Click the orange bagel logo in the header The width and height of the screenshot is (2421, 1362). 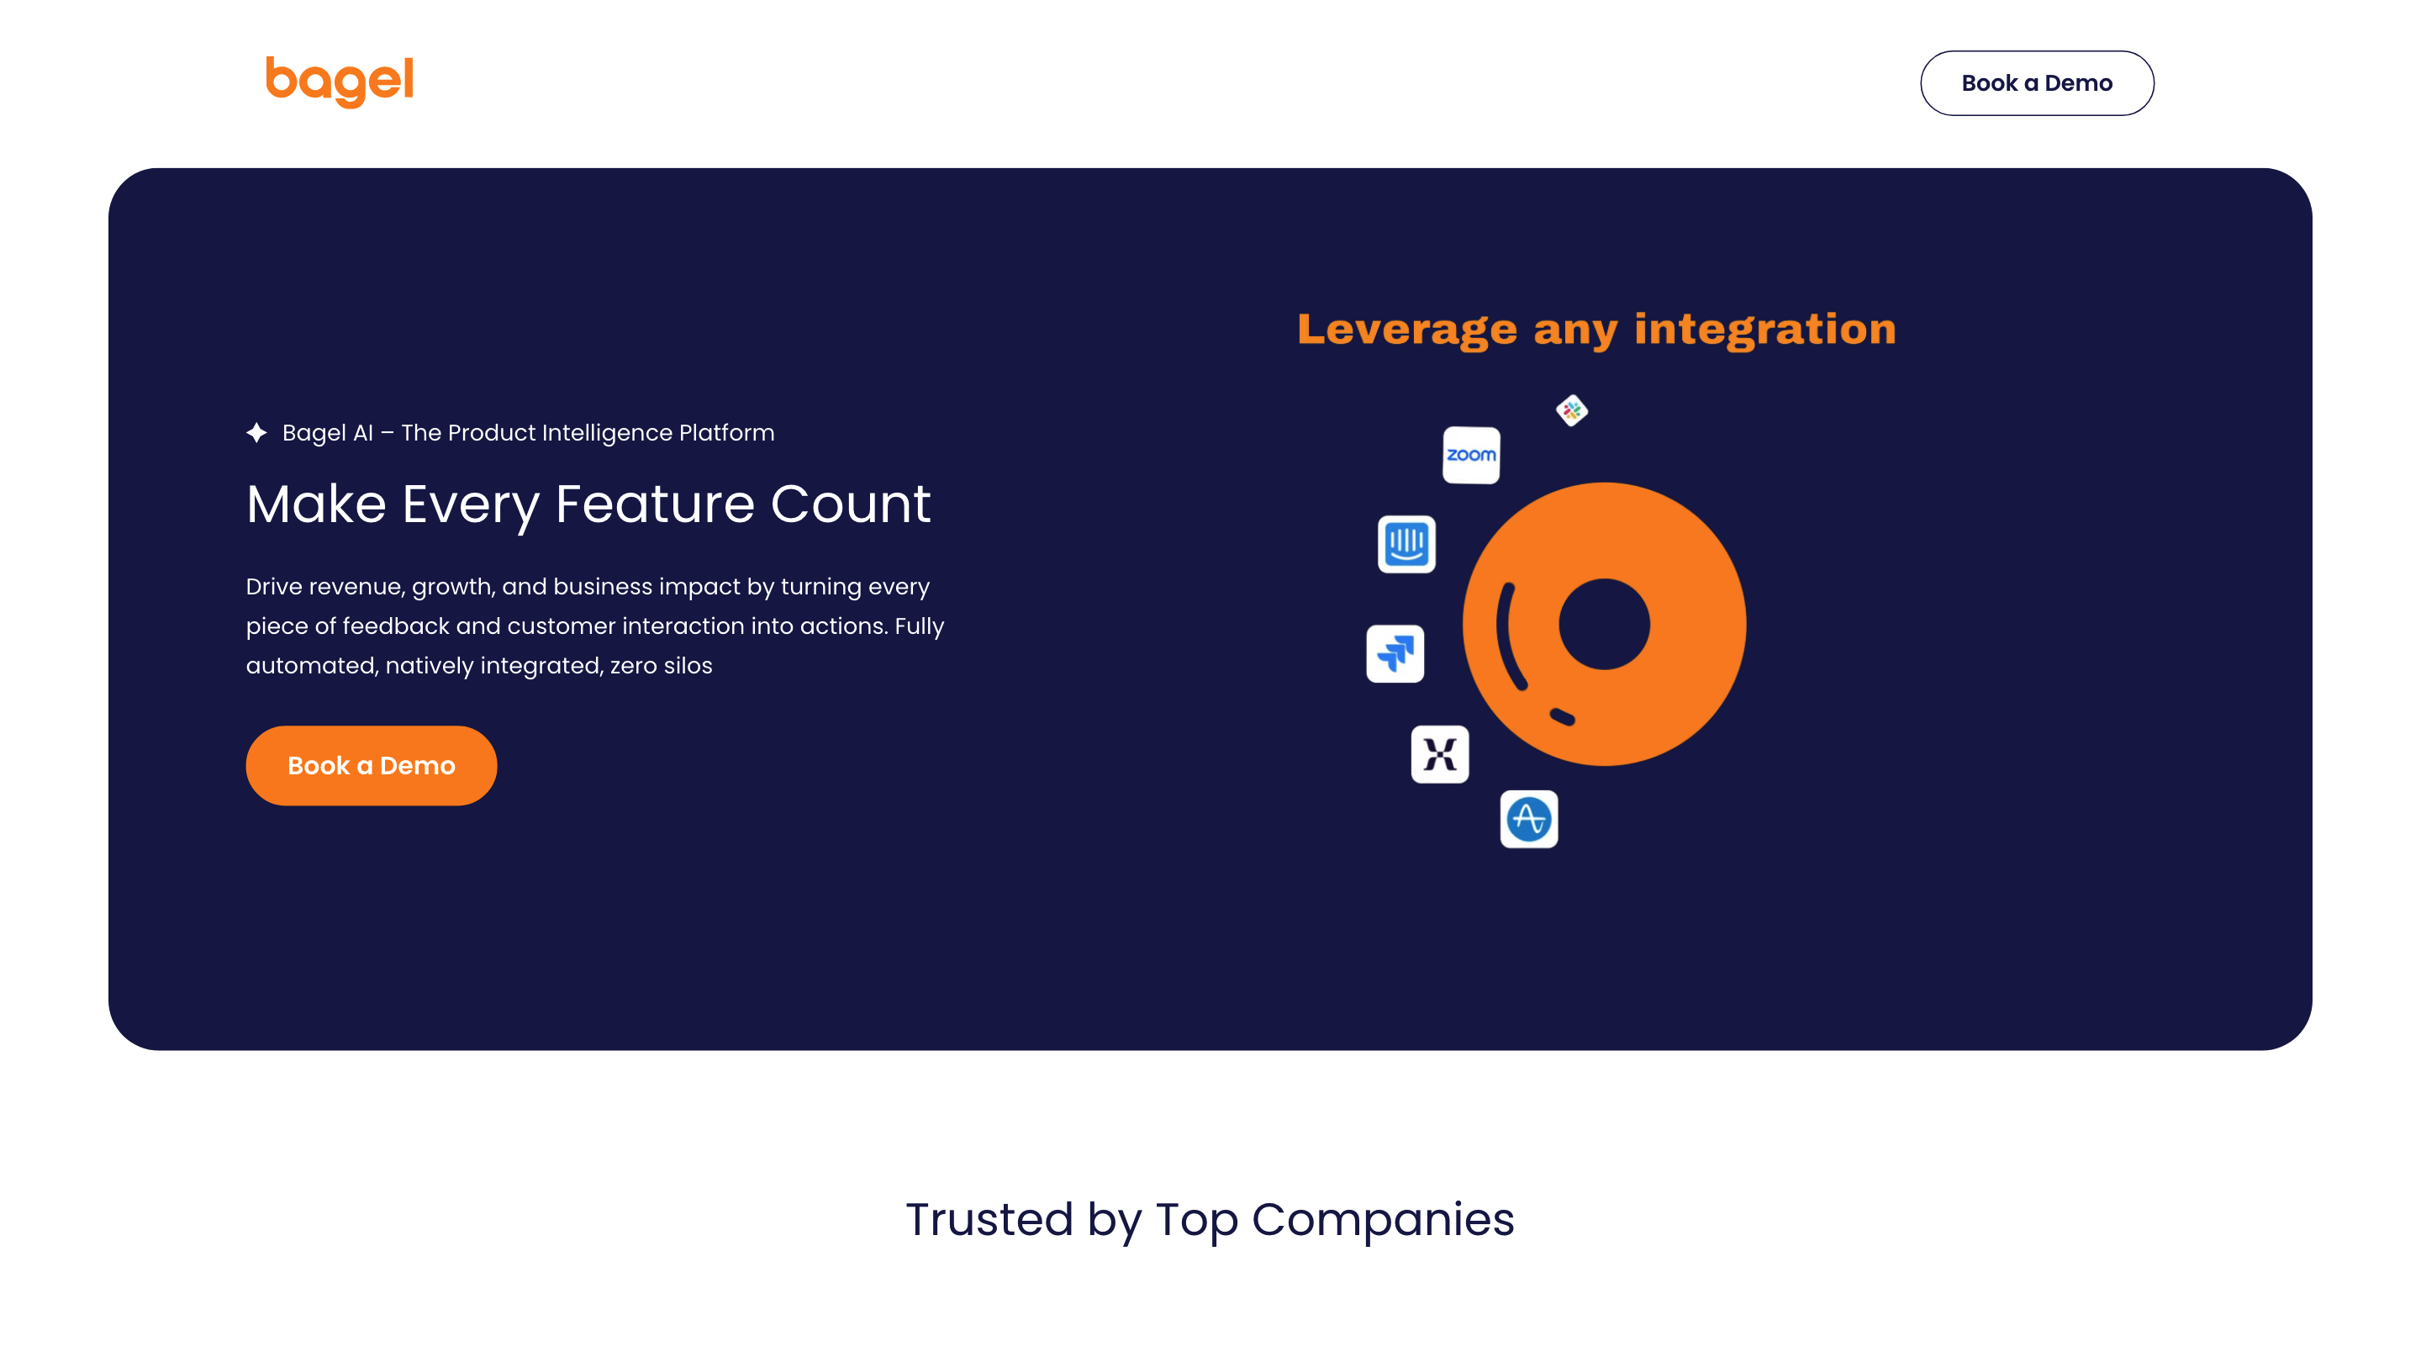[x=340, y=82]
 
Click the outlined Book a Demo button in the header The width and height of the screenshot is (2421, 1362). [x=2037, y=82]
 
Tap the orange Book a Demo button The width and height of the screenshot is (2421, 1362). [x=372, y=765]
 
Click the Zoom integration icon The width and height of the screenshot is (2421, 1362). [x=1471, y=455]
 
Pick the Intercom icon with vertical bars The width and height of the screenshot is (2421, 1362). [x=1406, y=543]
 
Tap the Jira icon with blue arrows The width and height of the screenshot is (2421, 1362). [x=1395, y=653]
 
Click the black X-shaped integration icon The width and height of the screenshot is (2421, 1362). [x=1440, y=754]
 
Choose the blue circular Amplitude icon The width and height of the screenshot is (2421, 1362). [x=1529, y=819]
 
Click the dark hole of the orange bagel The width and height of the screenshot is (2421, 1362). [x=1604, y=624]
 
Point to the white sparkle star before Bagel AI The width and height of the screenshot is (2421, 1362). [x=256, y=432]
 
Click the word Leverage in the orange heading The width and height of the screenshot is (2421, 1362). [x=1407, y=330]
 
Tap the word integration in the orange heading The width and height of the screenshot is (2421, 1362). [x=1765, y=330]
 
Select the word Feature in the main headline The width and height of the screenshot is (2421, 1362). [x=655, y=504]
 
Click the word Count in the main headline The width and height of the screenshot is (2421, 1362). [x=851, y=504]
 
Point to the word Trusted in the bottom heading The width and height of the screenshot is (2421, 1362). [x=989, y=1219]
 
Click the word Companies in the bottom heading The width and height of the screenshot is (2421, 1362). [x=1383, y=1220]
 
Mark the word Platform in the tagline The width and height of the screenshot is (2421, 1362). [x=726, y=432]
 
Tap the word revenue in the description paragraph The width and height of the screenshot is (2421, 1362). [x=358, y=588]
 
